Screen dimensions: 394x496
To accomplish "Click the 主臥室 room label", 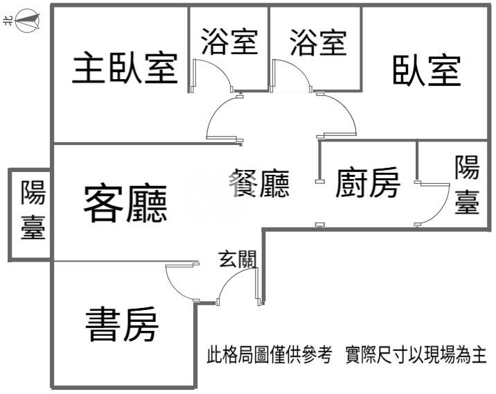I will (x=125, y=69).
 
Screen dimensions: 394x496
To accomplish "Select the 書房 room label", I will (x=122, y=324).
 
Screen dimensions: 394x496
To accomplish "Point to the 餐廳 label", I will (x=258, y=183).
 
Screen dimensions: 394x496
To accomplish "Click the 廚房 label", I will (x=368, y=184).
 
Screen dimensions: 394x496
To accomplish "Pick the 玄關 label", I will (x=238, y=260).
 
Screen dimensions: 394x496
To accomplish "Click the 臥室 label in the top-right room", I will (x=427, y=70).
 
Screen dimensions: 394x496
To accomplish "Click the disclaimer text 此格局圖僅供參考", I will (x=272, y=357).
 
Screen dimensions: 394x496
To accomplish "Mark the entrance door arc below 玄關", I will (x=232, y=277).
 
